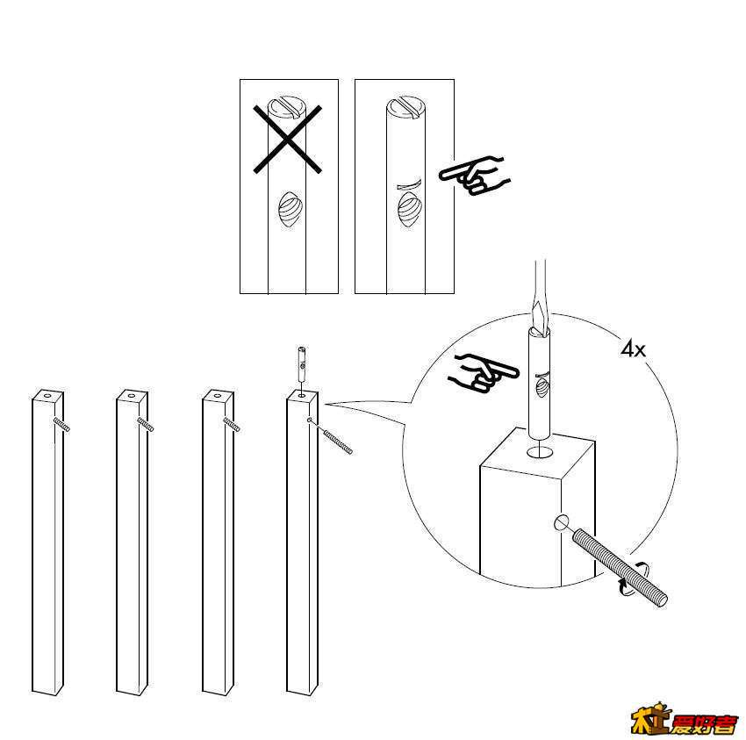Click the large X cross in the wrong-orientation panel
click(289, 138)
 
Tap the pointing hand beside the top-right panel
click(471, 176)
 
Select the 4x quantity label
click(633, 349)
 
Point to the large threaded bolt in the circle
click(619, 567)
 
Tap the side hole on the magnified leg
click(562, 525)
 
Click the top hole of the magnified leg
click(540, 451)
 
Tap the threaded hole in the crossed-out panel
click(290, 211)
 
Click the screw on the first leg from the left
click(61, 425)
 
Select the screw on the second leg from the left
click(145, 425)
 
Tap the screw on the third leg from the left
click(231, 425)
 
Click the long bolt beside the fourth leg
click(334, 437)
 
